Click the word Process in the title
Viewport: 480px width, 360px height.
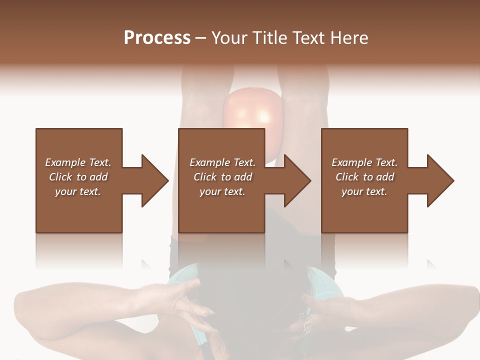(157, 38)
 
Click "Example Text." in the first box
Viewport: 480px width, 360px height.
(78, 162)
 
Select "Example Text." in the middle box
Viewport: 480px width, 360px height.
(222, 162)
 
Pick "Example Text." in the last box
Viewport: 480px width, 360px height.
(364, 162)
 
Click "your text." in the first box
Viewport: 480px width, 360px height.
(78, 191)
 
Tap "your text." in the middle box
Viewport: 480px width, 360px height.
(222, 191)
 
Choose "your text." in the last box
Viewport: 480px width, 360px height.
(364, 191)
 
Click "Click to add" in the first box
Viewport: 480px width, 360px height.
(78, 177)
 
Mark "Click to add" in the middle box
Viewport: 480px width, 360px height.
(222, 177)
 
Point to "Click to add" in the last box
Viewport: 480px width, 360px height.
(364, 177)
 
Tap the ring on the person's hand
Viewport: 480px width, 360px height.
(306, 326)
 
